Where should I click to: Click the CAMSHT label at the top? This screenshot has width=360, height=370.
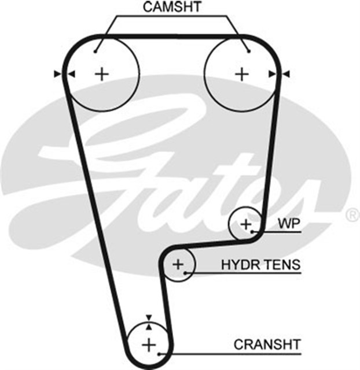pos(172,8)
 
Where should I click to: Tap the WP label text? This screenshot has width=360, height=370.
pos(289,223)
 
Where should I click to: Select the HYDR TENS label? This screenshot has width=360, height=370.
pos(261,265)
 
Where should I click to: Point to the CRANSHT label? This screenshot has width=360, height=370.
pos(267,345)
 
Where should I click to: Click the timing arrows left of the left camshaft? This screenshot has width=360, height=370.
pos(64,73)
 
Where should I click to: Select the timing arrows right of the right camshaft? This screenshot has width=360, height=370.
pos(278,73)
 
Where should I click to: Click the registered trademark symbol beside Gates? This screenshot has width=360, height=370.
pos(352,215)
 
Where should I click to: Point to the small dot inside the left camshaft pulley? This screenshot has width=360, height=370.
pos(96,51)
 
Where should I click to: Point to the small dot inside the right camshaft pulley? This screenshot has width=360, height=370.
pos(248,51)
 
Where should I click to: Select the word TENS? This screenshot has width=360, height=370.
pos(282,265)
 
